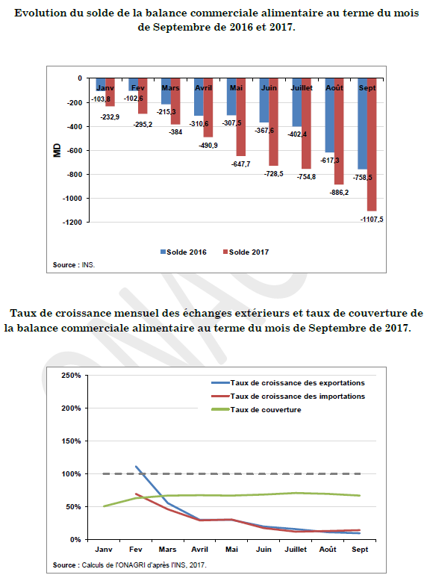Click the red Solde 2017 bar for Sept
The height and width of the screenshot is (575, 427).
pyautogui.click(x=372, y=144)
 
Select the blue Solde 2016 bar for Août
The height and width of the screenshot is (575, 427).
pyautogui.click(x=329, y=115)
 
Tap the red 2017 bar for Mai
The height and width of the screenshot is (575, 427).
pyautogui.click(x=241, y=117)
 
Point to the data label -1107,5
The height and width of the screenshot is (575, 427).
pyautogui.click(x=372, y=220)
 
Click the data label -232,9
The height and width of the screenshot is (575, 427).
pyautogui.click(x=110, y=117)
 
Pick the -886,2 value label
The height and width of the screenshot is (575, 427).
pyautogui.click(x=339, y=193)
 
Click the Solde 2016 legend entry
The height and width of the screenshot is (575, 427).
pyautogui.click(x=183, y=252)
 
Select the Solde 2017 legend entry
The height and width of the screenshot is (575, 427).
pyautogui.click(x=246, y=252)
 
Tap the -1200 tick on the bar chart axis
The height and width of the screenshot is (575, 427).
pyautogui.click(x=72, y=223)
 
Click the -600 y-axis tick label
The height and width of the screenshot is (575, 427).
pyautogui.click(x=75, y=150)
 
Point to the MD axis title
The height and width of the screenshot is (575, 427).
pyautogui.click(x=57, y=150)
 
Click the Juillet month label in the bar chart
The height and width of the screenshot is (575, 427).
pyautogui.click(x=302, y=88)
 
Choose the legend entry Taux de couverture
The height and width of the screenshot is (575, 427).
pyautogui.click(x=256, y=410)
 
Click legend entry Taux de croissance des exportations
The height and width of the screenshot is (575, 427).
pyautogui.click(x=288, y=383)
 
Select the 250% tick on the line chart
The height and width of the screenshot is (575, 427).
pyautogui.click(x=71, y=376)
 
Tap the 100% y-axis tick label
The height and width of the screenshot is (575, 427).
pyautogui.click(x=71, y=473)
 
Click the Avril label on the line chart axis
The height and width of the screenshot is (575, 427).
pyautogui.click(x=199, y=550)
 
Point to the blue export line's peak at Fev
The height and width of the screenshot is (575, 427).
pyautogui.click(x=136, y=467)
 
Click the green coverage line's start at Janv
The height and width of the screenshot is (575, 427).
pyautogui.click(x=104, y=506)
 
